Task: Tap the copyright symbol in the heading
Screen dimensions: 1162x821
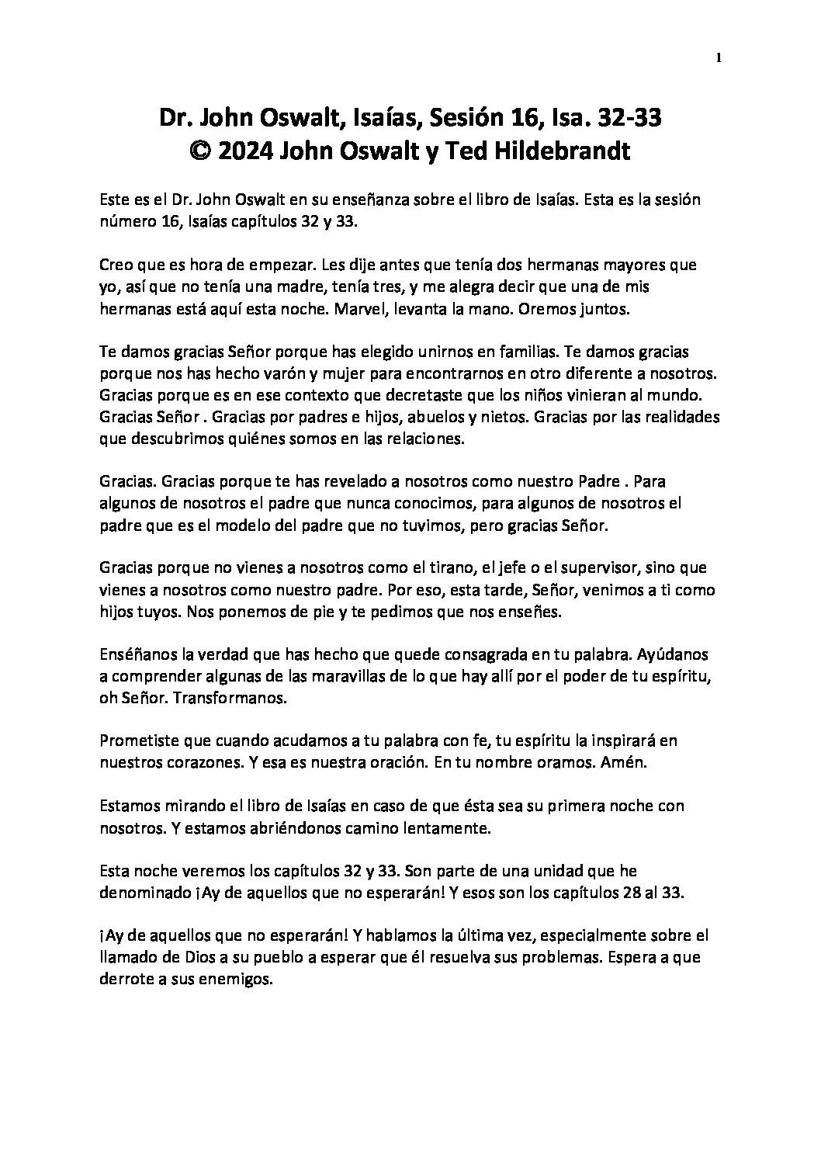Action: [x=201, y=151]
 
